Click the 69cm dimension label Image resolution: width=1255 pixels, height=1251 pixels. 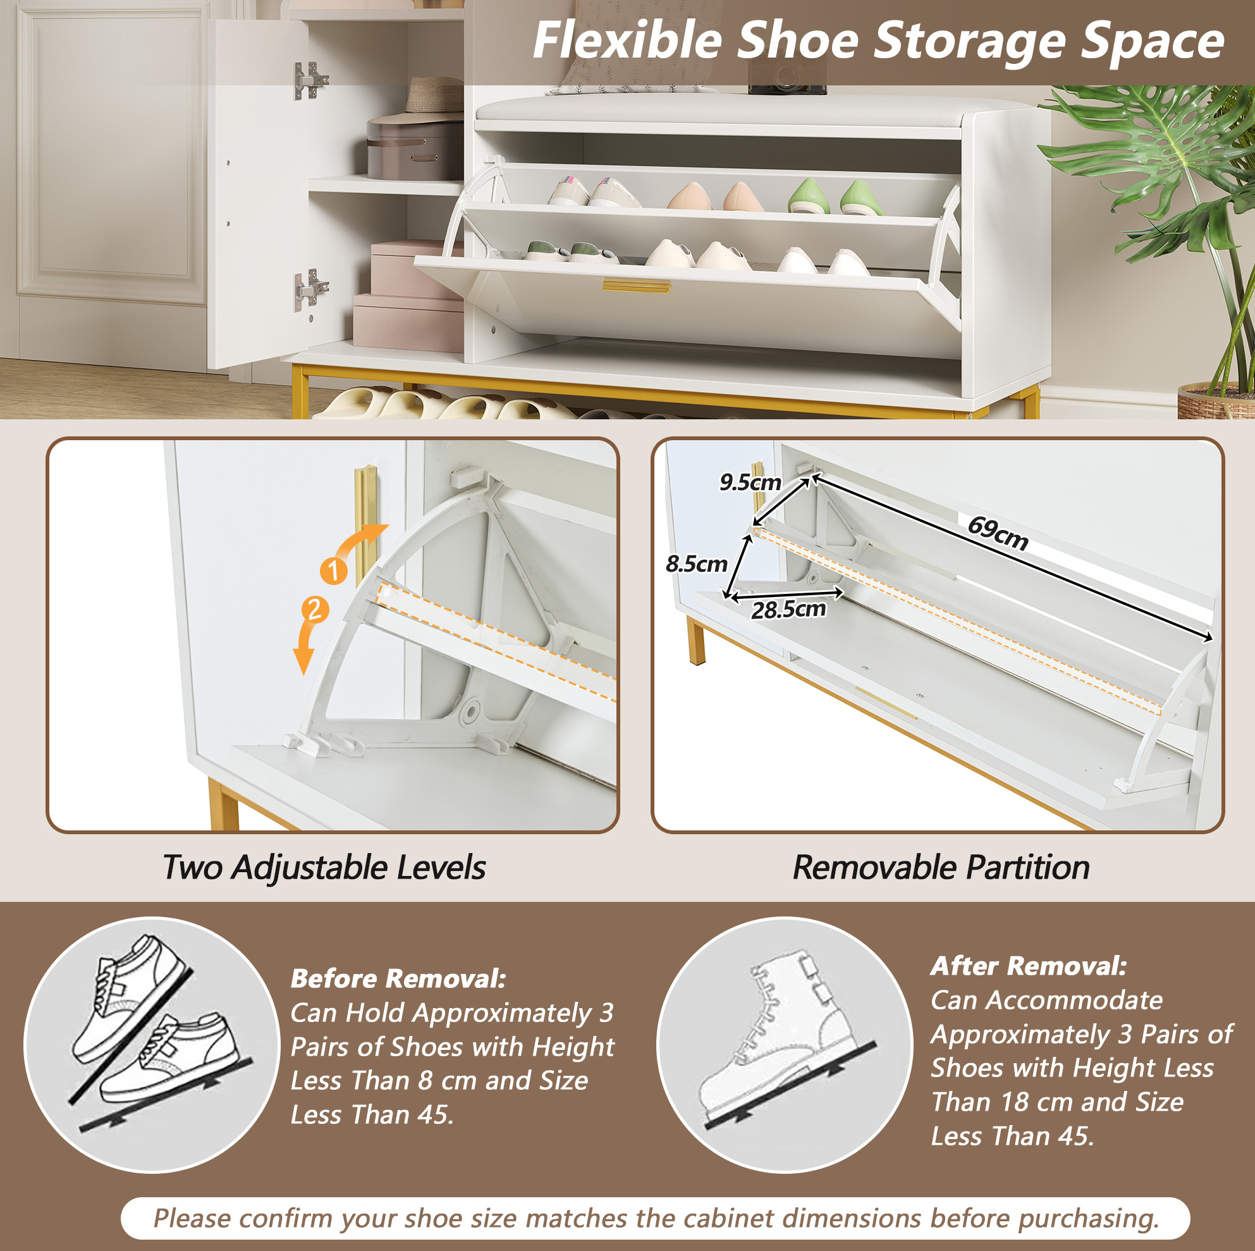point(998,533)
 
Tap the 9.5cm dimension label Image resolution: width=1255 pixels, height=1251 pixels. point(750,482)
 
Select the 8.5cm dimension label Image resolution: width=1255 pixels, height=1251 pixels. point(696,564)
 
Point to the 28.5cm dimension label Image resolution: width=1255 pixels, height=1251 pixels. point(788,610)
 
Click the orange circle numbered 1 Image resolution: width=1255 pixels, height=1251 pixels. point(334,571)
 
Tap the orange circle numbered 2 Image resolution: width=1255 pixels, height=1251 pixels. point(315,610)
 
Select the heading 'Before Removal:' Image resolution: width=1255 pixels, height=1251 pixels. point(398,978)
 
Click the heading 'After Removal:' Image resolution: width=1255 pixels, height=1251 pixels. point(1028,966)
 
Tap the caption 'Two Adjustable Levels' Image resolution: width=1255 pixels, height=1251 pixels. point(324,868)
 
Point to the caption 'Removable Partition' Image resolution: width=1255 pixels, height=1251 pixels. point(941,868)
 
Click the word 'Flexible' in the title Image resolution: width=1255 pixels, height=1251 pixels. point(627,41)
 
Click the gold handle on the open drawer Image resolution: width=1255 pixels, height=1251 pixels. point(636,286)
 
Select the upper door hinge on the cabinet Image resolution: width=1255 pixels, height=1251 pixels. point(310,80)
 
